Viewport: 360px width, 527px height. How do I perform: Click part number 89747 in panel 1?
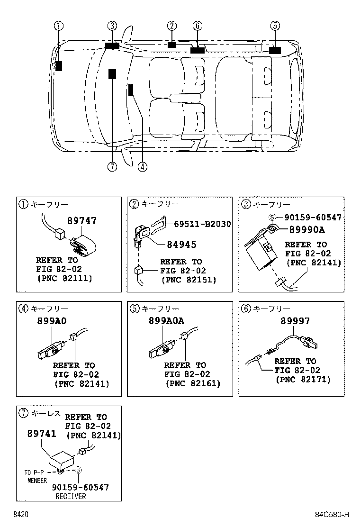click(x=81, y=221)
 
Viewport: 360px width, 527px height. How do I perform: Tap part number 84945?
click(x=181, y=245)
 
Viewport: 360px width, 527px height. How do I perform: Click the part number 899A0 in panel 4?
click(x=52, y=321)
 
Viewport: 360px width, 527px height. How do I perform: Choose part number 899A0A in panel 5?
click(x=167, y=321)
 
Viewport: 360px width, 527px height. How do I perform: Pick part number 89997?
click(x=295, y=321)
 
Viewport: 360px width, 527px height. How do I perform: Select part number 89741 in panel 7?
click(x=42, y=434)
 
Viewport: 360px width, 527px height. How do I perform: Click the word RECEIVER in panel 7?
click(x=71, y=496)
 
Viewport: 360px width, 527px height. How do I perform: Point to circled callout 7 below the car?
click(x=112, y=166)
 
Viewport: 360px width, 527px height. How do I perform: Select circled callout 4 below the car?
click(x=143, y=166)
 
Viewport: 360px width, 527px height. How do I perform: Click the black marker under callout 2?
click(x=171, y=45)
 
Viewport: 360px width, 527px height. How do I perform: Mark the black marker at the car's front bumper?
click(x=59, y=66)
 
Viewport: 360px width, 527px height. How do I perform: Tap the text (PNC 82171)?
click(x=303, y=380)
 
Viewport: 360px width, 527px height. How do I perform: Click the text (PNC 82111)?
click(x=64, y=278)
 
